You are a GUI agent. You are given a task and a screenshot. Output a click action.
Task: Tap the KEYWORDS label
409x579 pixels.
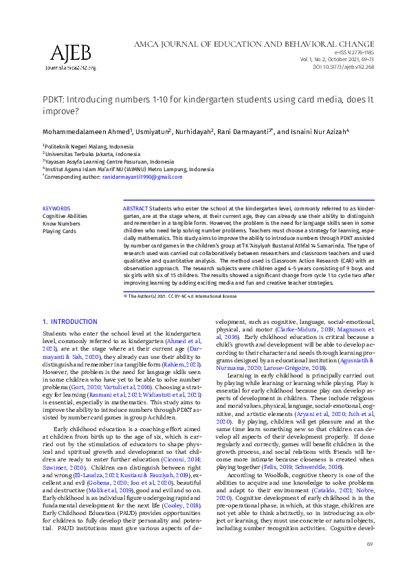point(56,208)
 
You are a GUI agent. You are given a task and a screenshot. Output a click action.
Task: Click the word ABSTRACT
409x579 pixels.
point(135,208)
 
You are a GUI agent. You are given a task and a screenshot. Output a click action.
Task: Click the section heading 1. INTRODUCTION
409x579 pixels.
point(69,321)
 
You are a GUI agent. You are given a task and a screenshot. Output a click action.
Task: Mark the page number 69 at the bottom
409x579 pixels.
point(370,563)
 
